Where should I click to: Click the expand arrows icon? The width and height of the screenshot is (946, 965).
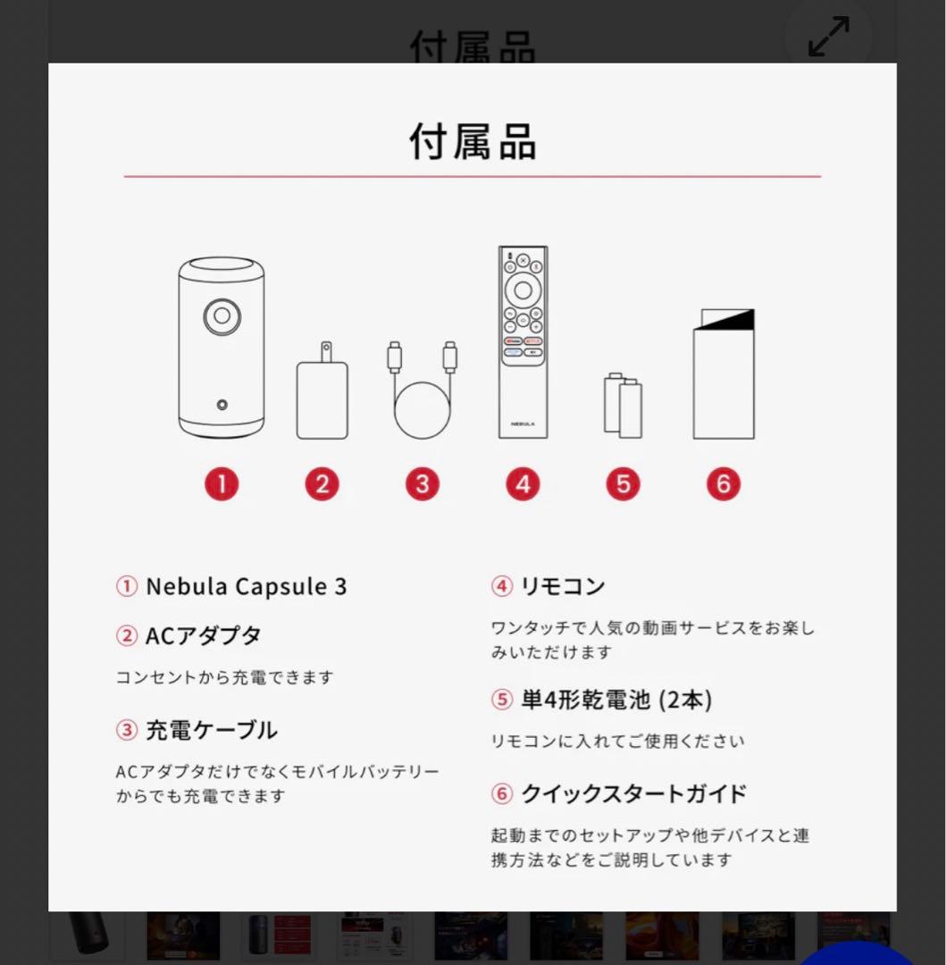click(828, 37)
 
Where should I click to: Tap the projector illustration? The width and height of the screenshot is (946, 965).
click(221, 348)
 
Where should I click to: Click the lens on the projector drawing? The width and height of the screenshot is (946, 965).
click(221, 315)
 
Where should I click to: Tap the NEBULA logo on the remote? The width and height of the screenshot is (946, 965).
click(523, 424)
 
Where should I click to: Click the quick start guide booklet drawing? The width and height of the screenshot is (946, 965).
click(724, 374)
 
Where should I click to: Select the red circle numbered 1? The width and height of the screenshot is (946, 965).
click(222, 484)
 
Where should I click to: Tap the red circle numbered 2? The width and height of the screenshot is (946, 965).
click(322, 484)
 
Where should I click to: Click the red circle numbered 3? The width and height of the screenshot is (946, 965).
click(422, 484)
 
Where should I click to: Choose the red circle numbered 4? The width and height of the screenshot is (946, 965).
click(523, 484)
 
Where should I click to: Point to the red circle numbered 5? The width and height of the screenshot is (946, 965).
click(623, 484)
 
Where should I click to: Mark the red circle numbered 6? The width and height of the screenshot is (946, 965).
click(724, 484)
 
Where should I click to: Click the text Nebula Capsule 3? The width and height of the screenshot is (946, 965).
click(246, 587)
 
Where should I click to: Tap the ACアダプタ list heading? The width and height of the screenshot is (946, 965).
click(203, 636)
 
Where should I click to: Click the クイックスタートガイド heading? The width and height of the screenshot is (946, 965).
click(633, 793)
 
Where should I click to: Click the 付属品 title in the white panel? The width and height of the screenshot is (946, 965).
click(473, 142)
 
